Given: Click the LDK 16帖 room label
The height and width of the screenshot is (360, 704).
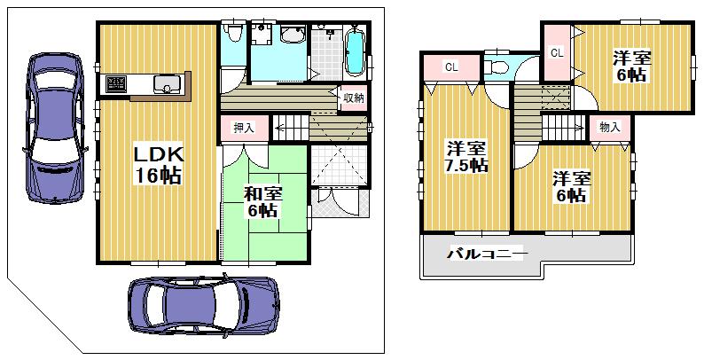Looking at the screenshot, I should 158,164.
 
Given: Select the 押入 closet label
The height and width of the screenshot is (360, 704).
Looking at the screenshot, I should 244,128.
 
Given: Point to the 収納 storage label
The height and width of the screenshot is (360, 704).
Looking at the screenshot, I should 352,98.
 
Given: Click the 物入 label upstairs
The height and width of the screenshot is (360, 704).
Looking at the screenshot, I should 610,128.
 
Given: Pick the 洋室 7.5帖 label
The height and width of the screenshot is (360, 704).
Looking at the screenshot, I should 465,156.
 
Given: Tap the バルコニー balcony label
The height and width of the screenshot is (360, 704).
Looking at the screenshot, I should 487,254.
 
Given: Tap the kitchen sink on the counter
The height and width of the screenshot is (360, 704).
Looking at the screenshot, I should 167,84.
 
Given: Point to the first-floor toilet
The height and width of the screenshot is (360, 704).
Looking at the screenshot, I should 233,35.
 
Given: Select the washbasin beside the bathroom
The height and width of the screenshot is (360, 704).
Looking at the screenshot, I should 292,35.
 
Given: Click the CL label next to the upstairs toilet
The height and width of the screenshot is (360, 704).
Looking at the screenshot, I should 451,67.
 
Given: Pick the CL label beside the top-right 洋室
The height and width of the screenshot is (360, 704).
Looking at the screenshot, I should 557,53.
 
